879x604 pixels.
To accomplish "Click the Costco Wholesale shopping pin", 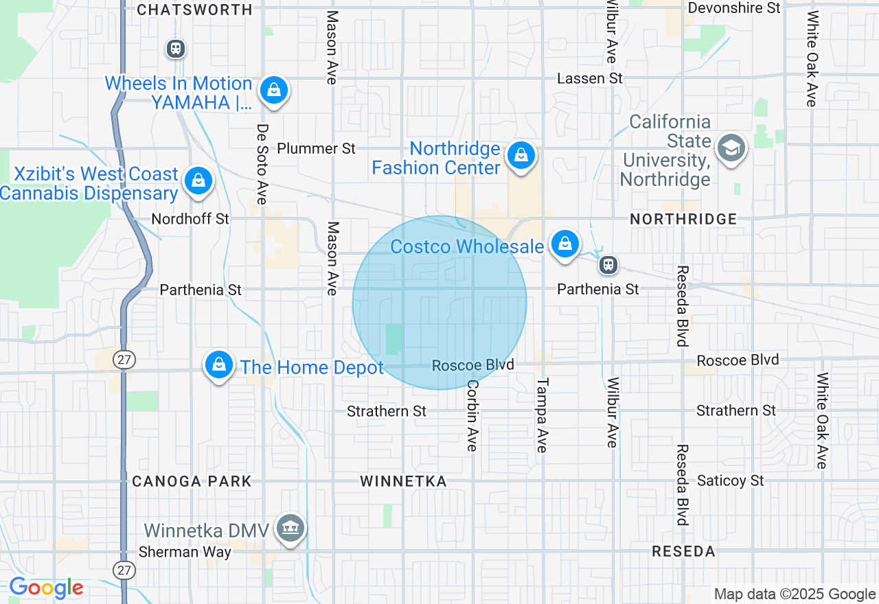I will [x=564, y=244].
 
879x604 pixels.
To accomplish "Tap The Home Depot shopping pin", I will [x=218, y=365].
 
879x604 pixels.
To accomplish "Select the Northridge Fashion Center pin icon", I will [x=521, y=156].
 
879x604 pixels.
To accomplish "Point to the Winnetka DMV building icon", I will [x=291, y=528].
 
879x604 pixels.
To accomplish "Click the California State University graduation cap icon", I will [x=731, y=148].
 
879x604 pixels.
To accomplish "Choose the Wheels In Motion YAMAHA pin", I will [x=274, y=91].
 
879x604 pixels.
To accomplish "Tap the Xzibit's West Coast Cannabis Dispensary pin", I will [x=198, y=181].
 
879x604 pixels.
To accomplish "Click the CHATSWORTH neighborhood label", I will [x=194, y=10].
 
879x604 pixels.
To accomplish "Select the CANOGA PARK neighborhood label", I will [x=192, y=481].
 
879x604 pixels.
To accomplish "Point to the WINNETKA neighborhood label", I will [x=403, y=481].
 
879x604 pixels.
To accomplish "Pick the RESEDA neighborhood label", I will [x=683, y=551].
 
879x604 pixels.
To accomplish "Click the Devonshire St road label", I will [x=734, y=8].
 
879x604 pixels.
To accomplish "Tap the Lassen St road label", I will [x=590, y=78].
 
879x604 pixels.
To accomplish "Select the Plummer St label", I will [x=316, y=148].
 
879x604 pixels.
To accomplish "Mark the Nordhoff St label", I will [x=190, y=219].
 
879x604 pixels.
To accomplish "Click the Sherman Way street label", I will [x=175, y=552].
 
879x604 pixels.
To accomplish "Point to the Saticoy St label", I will [x=731, y=480].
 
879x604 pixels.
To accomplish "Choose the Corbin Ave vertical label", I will [x=472, y=415].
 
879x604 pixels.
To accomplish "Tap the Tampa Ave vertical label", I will [x=543, y=415].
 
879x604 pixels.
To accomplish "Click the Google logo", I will [x=46, y=588].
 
